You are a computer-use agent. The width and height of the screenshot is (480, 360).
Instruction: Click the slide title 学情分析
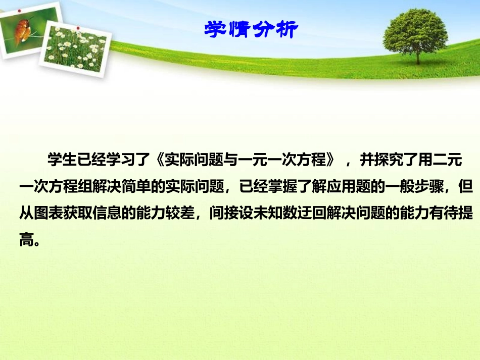tap(251, 30)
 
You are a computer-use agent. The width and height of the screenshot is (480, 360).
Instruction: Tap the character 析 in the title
tap(288, 30)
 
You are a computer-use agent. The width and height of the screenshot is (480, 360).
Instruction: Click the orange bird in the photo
tap(21, 32)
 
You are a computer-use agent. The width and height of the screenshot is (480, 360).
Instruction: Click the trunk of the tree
tap(418, 57)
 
